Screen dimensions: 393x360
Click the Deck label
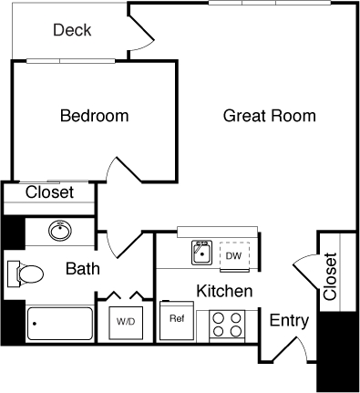72,31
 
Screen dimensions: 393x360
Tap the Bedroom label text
94,116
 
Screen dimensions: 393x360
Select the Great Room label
270,116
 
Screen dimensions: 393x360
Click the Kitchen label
224,292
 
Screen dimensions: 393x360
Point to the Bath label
83,269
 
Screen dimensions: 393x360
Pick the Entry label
289,321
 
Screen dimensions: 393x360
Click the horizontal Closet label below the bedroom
49,192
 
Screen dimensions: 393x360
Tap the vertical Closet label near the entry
330,276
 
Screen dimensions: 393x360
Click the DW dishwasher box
234,255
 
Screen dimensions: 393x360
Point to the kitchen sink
202,253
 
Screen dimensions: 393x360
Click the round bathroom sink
60,232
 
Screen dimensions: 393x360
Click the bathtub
60,322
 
